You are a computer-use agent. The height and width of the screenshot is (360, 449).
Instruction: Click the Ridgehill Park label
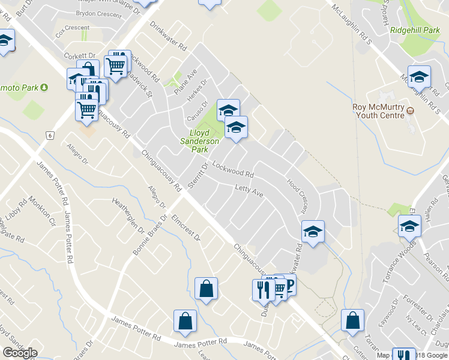415,30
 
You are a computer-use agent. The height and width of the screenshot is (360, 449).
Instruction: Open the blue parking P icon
289,284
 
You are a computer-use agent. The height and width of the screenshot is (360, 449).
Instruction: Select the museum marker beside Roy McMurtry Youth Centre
411,111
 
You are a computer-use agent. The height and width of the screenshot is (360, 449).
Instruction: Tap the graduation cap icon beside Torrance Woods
409,226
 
